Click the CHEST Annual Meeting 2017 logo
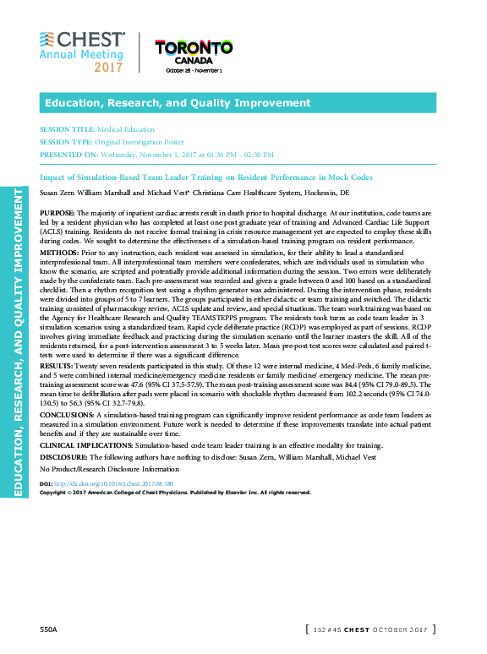(82, 52)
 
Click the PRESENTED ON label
(68, 155)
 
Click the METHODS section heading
(59, 253)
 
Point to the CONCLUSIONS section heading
(68, 416)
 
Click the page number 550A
(48, 629)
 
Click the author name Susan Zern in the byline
(57, 193)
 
